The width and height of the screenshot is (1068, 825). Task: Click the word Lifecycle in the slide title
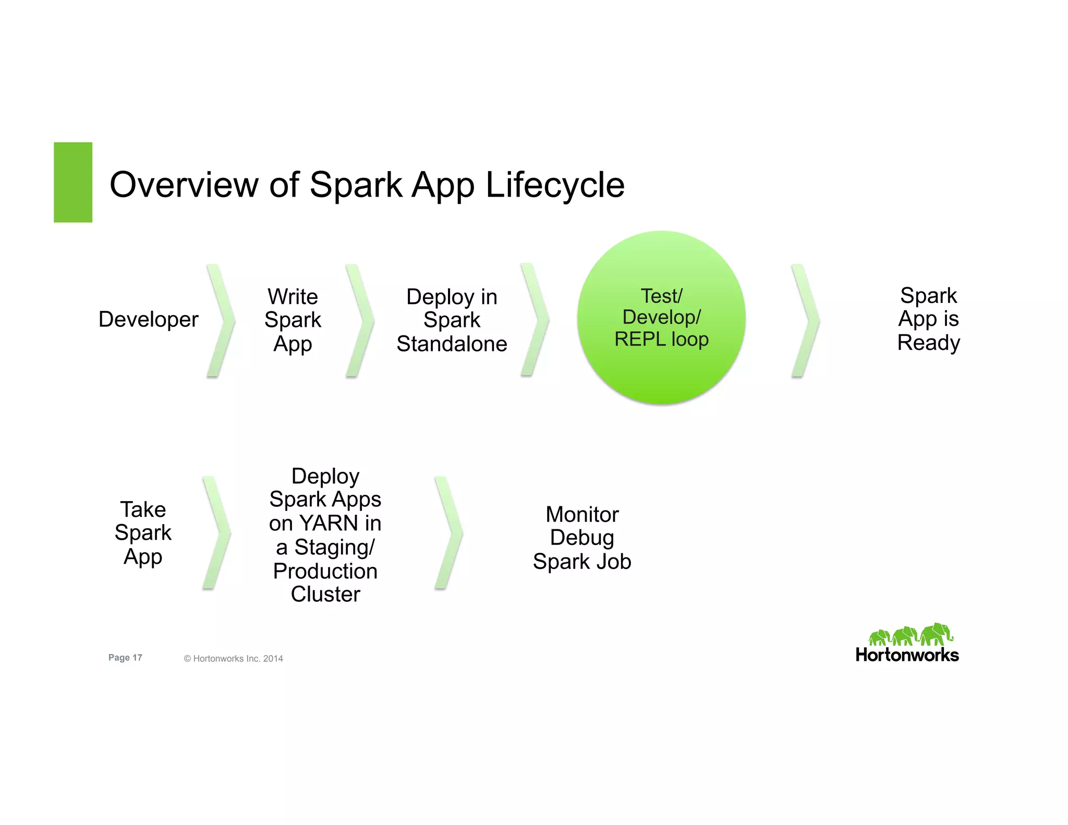pos(555,185)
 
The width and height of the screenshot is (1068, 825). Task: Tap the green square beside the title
pos(73,183)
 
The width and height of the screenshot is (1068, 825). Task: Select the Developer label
pos(149,319)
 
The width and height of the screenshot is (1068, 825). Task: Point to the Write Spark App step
pos(293,320)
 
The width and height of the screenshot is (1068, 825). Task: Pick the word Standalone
pos(452,344)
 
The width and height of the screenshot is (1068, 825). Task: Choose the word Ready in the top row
pos(928,343)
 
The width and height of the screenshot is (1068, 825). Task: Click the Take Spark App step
pos(143,532)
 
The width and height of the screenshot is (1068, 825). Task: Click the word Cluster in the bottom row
pos(325,595)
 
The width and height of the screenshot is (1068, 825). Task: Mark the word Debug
pos(582,538)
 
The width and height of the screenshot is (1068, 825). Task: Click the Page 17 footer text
pos(125,658)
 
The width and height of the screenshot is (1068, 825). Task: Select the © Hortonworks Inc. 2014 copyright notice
pos(233,659)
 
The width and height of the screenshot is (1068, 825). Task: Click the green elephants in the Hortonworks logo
pos(910,635)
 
